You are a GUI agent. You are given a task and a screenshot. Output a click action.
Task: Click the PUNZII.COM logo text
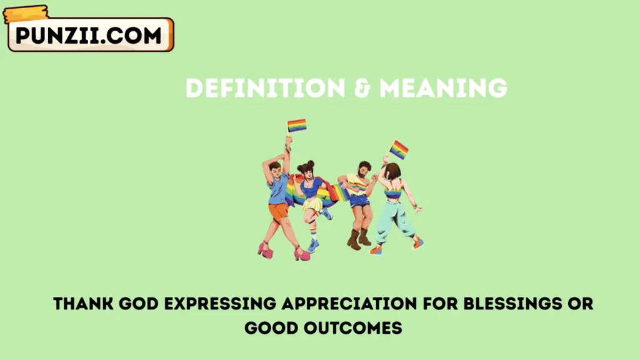89,35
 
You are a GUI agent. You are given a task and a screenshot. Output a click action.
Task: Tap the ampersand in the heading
362,88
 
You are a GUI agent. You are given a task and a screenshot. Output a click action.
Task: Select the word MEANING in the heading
443,88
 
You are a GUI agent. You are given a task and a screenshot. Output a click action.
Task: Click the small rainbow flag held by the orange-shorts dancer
297,125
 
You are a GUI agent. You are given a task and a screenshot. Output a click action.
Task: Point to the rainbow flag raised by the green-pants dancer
399,149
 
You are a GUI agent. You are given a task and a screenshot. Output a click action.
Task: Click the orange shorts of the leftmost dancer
278,211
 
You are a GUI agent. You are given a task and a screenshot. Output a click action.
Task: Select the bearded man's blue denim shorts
359,201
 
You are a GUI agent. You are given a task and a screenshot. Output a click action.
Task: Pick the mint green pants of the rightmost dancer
394,216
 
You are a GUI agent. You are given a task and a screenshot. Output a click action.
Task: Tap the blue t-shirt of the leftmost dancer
279,189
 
